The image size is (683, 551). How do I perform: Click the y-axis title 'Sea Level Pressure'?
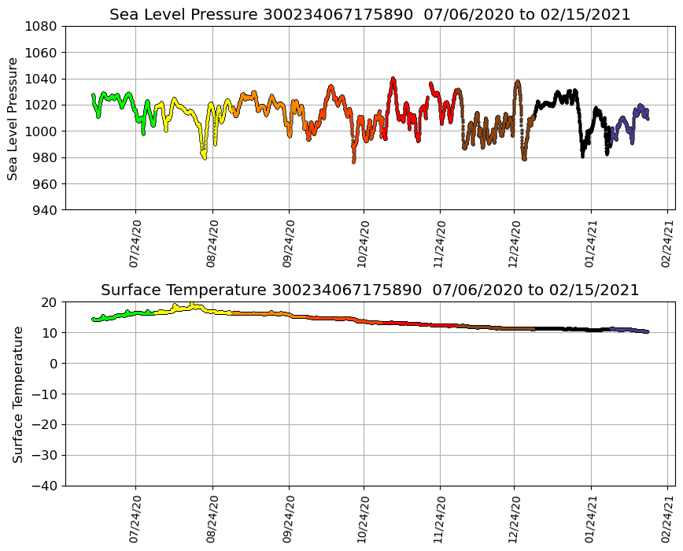pos(13,118)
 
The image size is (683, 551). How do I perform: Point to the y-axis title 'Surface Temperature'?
pos(17,394)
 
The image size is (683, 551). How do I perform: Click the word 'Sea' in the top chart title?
pos(123,15)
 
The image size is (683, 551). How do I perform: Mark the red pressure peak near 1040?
pos(393,79)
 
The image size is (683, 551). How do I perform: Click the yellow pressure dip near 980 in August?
pos(204,157)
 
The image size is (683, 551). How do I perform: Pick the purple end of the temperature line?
pos(646,331)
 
